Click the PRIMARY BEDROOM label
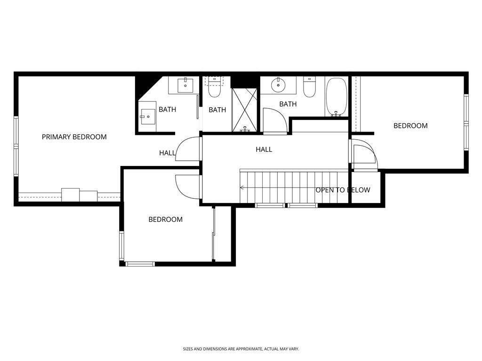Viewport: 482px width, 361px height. (74, 137)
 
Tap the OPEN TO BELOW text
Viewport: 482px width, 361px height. (343, 190)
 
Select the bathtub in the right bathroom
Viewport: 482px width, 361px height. (336, 97)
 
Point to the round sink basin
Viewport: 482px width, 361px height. (279, 85)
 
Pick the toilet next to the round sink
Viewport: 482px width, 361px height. (309, 87)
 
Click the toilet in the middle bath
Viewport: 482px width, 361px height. (215, 87)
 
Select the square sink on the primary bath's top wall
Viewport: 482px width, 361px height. (185, 85)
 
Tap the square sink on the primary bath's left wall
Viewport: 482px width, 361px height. (148, 116)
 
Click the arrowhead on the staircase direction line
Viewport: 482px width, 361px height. (241, 188)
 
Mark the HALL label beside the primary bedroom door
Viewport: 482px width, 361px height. (167, 153)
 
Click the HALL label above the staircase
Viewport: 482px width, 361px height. (264, 149)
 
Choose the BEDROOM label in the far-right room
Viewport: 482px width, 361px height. (410, 126)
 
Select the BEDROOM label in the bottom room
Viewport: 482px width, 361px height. (165, 219)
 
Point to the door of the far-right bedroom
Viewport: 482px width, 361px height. (364, 155)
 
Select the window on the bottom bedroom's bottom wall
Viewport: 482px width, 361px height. (140, 264)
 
